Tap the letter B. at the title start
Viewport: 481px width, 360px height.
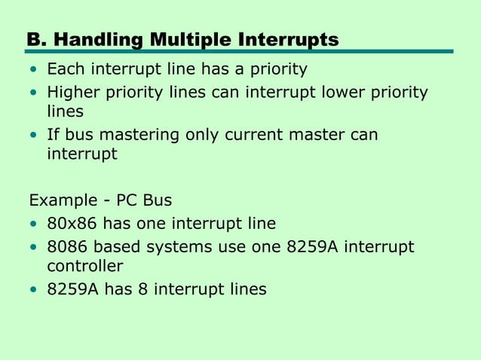(35, 38)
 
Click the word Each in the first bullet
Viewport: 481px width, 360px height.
(64, 70)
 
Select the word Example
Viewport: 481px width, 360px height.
(60, 202)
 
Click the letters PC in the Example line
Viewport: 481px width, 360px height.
(127, 201)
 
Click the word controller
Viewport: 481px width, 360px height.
(84, 266)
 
